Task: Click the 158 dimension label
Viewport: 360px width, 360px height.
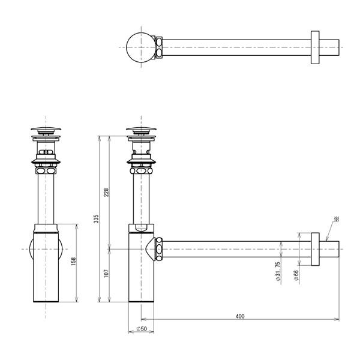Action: (73, 263)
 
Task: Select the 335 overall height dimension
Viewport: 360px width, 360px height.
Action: (96, 219)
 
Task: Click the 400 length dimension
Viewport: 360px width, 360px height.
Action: (240, 316)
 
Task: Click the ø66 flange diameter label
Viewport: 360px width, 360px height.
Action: (296, 275)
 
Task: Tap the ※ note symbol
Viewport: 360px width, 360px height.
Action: (337, 219)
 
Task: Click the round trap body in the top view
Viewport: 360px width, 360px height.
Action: (140, 46)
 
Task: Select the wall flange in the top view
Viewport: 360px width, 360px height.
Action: (315, 46)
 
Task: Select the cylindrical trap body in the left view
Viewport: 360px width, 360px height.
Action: (46, 264)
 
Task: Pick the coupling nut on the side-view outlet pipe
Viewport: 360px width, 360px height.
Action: (159, 248)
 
